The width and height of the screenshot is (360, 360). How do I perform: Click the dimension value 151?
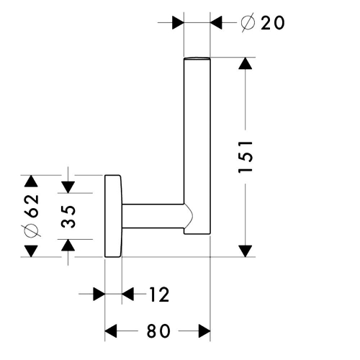246,157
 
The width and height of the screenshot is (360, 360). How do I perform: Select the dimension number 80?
158,331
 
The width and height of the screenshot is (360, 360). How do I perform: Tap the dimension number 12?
159,294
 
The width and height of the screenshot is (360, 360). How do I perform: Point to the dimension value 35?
68,216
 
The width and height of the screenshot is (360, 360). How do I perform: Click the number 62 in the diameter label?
32,206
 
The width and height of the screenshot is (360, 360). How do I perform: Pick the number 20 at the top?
273,23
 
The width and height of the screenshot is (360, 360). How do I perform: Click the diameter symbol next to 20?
248,23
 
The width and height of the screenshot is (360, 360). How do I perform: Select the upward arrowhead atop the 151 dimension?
246,63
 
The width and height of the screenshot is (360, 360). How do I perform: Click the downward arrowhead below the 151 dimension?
246,251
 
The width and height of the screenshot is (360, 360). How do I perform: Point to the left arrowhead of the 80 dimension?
111,331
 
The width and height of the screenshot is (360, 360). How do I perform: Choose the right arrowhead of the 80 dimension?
204,331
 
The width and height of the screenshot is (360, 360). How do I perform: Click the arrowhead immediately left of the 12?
127,294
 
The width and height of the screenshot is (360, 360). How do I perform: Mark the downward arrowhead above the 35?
68,187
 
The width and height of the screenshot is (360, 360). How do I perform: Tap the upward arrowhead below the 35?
68,245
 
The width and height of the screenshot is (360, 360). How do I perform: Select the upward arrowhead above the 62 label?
31,181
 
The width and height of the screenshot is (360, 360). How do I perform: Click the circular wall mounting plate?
113,216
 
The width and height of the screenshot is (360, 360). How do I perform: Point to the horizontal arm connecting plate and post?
153,216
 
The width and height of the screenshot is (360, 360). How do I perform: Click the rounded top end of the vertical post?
197,58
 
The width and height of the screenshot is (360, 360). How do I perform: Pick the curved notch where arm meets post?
189,216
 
